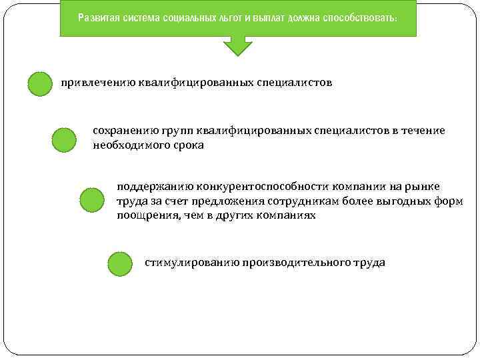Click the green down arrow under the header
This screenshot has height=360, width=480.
click(237, 45)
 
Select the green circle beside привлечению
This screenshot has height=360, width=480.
click(40, 85)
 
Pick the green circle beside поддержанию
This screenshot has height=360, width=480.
click(92, 200)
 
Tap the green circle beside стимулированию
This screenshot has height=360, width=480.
click(120, 264)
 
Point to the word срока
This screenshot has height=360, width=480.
click(189, 145)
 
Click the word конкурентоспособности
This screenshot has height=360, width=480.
click(258, 186)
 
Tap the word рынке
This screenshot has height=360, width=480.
click(424, 186)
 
